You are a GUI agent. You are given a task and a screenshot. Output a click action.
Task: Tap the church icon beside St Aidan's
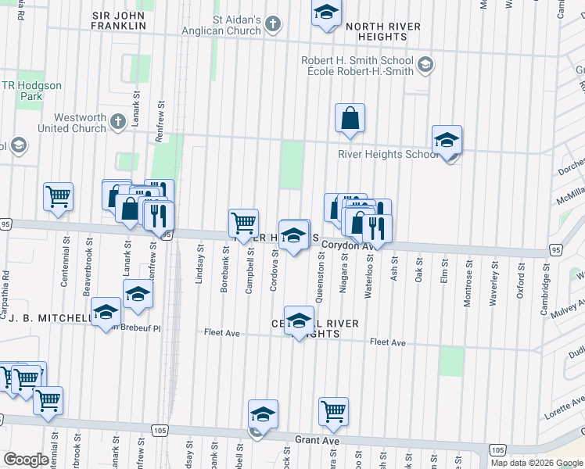pos(273,24)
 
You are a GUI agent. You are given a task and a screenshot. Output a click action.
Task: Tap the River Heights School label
pos(387,154)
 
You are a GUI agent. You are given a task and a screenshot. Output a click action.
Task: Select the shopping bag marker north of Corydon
pos(350,118)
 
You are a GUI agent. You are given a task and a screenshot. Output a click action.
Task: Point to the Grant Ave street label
pos(317,441)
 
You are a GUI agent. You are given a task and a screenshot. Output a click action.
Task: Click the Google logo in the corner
pos(25,460)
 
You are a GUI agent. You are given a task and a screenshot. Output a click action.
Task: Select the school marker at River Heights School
pos(447,141)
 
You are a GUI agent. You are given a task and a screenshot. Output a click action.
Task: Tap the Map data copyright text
pos(537,463)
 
